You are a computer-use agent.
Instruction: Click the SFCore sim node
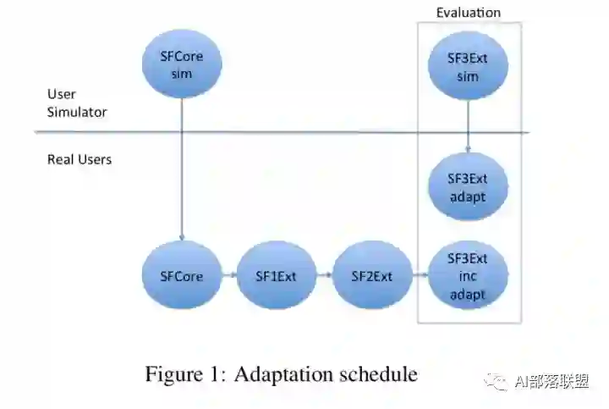pyautogui.click(x=181, y=64)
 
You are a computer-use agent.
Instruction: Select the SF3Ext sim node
pyautogui.click(x=468, y=67)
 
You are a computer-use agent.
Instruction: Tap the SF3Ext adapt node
pyautogui.click(x=468, y=187)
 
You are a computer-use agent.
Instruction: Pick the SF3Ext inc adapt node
pyautogui.click(x=468, y=276)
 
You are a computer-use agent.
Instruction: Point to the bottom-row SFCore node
pyautogui.click(x=181, y=276)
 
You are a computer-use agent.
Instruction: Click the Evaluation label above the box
pyautogui.click(x=468, y=13)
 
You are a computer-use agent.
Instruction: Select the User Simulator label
pyautogui.click(x=77, y=102)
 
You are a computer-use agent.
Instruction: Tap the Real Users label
pyautogui.click(x=80, y=159)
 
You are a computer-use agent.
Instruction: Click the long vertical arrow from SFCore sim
pyautogui.click(x=181, y=169)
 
